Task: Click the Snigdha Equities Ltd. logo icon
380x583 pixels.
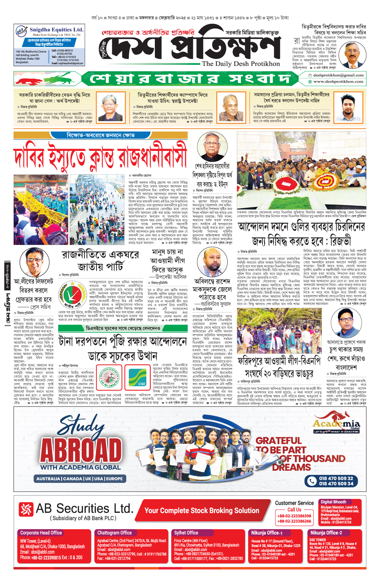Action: [22, 31]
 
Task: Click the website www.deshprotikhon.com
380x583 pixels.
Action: [338, 82]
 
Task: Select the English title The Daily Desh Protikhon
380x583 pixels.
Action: [241, 64]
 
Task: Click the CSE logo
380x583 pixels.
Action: [137, 378]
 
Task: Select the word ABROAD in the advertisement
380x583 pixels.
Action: [81, 450]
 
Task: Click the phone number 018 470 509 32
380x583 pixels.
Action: [336, 478]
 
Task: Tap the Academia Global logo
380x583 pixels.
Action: [336, 423]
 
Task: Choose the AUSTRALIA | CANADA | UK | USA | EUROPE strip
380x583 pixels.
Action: [79, 479]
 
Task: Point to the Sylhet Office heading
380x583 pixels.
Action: [186, 533]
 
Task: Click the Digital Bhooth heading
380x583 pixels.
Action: [333, 502]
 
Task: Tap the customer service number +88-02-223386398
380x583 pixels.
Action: [294, 516]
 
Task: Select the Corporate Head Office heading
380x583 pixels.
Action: [41, 533]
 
